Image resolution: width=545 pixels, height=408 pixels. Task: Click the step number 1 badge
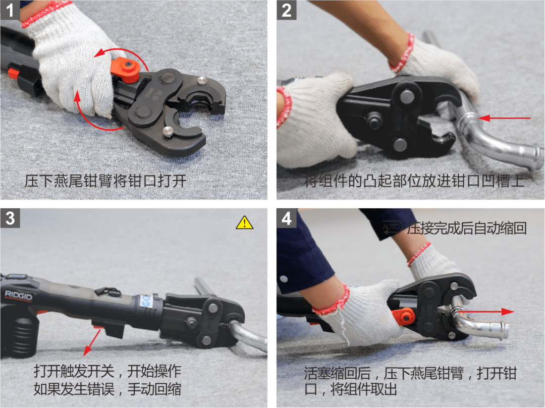(x=10, y=10)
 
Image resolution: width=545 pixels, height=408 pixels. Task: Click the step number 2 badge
(x=287, y=10)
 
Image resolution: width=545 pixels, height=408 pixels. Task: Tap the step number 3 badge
(x=10, y=218)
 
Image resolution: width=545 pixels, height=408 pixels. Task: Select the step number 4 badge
(x=287, y=218)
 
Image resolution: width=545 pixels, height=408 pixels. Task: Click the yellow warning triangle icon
(x=244, y=222)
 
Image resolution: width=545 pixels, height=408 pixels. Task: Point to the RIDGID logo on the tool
(x=19, y=296)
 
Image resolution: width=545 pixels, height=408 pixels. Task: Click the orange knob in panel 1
(x=126, y=70)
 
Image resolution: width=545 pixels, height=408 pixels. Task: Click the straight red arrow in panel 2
(x=504, y=119)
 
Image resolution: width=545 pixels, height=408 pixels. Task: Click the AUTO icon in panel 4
(x=392, y=227)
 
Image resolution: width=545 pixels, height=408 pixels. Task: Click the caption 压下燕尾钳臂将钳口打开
(x=105, y=181)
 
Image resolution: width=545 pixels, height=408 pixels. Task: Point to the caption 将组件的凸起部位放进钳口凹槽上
(x=414, y=181)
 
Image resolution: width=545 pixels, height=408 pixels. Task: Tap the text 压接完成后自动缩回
(x=467, y=228)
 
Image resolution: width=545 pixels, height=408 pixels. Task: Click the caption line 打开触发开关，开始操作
(x=107, y=371)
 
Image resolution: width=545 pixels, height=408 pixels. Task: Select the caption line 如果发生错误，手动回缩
(x=107, y=389)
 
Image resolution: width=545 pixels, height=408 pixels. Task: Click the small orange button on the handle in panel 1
(x=13, y=73)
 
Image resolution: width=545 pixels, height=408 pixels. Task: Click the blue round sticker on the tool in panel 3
(x=146, y=301)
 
